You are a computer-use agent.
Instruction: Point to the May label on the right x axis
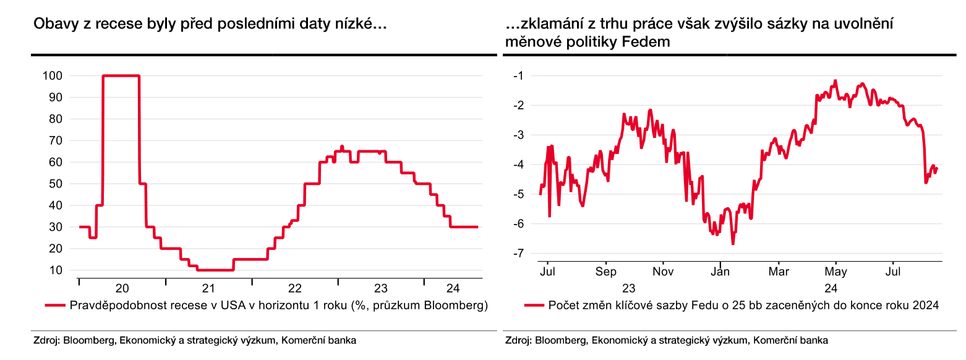coord(836,272)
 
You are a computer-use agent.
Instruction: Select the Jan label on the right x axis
coord(720,272)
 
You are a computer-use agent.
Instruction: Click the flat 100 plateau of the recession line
coord(121,75)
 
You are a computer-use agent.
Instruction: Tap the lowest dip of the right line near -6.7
coord(733,244)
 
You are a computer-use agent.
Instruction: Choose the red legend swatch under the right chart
coord(533,305)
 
